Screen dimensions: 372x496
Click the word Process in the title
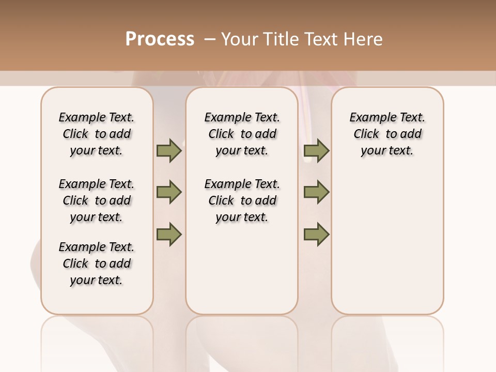(x=160, y=39)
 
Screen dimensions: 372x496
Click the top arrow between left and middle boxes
(x=169, y=151)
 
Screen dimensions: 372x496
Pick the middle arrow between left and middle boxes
(x=169, y=192)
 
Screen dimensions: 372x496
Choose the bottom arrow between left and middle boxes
(x=169, y=235)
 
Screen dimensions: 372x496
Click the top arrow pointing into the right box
(x=316, y=151)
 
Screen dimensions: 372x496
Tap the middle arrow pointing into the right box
(x=316, y=192)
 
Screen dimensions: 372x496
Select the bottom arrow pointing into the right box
(x=316, y=235)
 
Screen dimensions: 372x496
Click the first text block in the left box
(x=97, y=134)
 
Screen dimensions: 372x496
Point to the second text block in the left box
(x=97, y=200)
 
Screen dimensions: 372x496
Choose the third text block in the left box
(x=97, y=263)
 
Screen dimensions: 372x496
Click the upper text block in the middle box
(x=242, y=134)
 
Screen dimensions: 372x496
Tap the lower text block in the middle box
(x=242, y=200)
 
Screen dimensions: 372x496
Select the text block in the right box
(x=387, y=134)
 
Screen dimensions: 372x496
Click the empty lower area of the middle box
(x=242, y=269)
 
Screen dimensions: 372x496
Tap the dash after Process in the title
(x=209, y=39)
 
